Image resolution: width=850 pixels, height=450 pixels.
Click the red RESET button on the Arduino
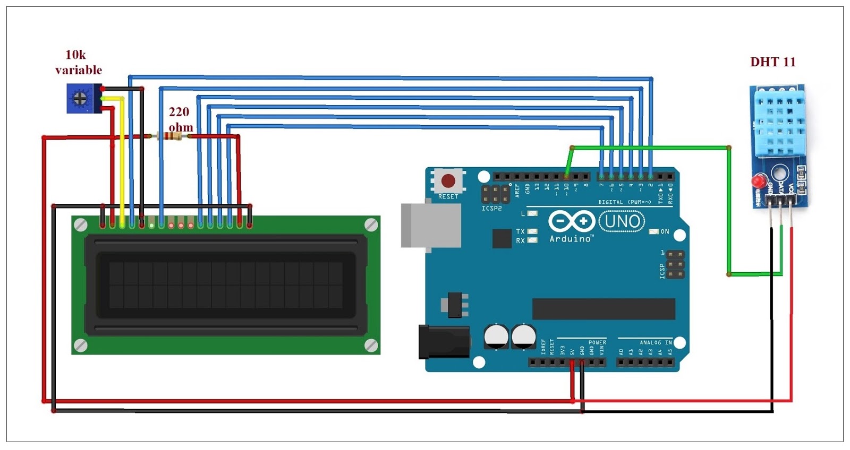click(x=448, y=181)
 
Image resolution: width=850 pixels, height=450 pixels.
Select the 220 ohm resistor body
click(x=170, y=136)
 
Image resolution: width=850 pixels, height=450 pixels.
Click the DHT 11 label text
click(x=772, y=62)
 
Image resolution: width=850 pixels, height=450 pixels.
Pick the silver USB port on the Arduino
click(x=430, y=225)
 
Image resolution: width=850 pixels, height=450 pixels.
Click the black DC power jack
click(x=444, y=342)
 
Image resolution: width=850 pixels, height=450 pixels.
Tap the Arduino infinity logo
click(x=571, y=221)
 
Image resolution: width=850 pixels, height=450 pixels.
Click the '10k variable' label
click(x=78, y=63)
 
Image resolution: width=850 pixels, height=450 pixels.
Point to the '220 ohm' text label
click(x=180, y=119)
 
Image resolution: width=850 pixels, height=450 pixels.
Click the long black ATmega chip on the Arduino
click(x=603, y=309)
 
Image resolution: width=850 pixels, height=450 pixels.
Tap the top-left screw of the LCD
click(x=81, y=225)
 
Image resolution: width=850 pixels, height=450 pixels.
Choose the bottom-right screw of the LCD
click(x=371, y=345)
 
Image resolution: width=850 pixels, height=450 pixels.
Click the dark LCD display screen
click(x=226, y=285)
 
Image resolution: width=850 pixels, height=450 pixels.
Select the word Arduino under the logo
click(x=571, y=239)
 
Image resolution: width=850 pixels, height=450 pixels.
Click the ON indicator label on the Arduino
click(x=665, y=232)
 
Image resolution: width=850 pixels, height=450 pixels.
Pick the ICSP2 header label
click(x=491, y=209)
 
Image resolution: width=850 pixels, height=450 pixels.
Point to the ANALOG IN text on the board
click(x=656, y=343)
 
